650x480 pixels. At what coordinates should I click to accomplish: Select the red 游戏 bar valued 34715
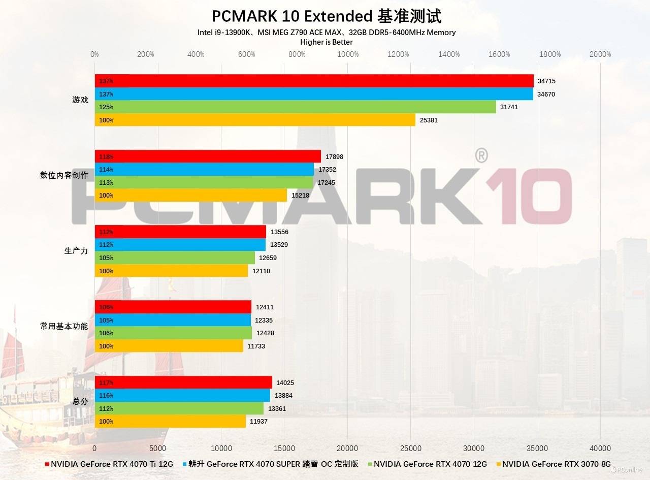pos(314,81)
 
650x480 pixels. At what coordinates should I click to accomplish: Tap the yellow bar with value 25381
pos(255,120)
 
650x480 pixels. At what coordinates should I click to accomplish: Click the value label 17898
pos(334,156)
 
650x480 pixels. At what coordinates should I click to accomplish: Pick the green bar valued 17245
pos(204,182)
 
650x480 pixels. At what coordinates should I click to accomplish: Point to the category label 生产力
pos(76,251)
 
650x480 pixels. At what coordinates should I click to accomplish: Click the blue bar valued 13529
pos(180,245)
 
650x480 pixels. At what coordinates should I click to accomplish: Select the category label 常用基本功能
pos(64,326)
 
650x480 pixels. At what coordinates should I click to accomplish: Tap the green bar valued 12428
pos(173,333)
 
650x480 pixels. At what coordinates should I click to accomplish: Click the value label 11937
pos(258,422)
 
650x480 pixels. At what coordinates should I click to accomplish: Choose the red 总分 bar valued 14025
pos(183,382)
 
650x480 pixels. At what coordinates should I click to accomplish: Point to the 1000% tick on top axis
pos(348,54)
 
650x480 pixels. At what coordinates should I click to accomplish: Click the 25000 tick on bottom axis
pos(411,449)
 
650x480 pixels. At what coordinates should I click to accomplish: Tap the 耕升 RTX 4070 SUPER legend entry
pos(273,464)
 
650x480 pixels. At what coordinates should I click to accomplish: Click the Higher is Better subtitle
pos(327,42)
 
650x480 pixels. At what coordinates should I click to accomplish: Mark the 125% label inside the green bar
pos(106,107)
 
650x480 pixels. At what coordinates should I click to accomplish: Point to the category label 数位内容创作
pos(64,176)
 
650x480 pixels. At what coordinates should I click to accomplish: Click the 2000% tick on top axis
pos(601,54)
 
